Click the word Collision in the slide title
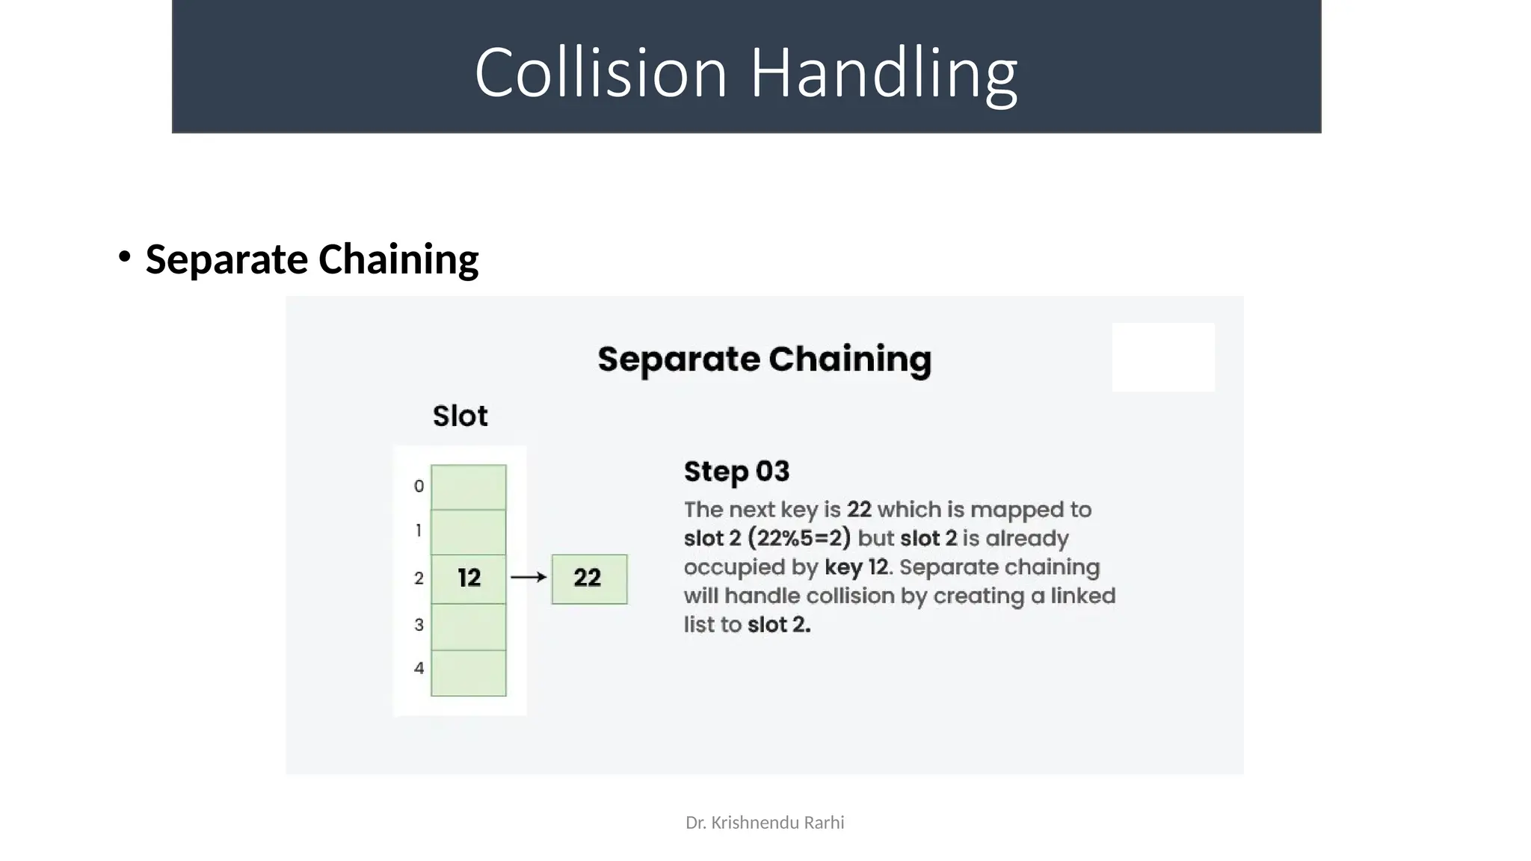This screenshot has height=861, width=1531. click(x=600, y=72)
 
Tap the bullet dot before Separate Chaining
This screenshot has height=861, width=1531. click(x=124, y=257)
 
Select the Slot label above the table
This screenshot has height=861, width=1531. click(x=460, y=416)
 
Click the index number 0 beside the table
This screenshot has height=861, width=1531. click(x=419, y=487)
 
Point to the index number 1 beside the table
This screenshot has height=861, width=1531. click(x=419, y=531)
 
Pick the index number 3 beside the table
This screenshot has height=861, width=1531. click(x=419, y=625)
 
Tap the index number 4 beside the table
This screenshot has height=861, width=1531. click(x=419, y=668)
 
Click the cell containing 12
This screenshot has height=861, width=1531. click(x=469, y=578)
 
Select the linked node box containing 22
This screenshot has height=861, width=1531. click(x=589, y=578)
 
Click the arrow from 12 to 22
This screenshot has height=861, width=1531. click(x=529, y=577)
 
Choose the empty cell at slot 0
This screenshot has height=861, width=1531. click(x=469, y=487)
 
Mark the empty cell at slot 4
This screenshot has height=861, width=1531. click(x=469, y=673)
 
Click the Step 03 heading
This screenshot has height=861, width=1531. click(x=736, y=472)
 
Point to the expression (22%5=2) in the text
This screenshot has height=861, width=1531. click(x=798, y=538)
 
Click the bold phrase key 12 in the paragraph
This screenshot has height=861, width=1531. click(x=857, y=567)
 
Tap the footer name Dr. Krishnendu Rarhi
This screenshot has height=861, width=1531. click(x=765, y=823)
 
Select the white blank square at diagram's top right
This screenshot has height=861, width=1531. click(x=1163, y=357)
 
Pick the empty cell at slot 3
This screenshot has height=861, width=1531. click(x=469, y=626)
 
